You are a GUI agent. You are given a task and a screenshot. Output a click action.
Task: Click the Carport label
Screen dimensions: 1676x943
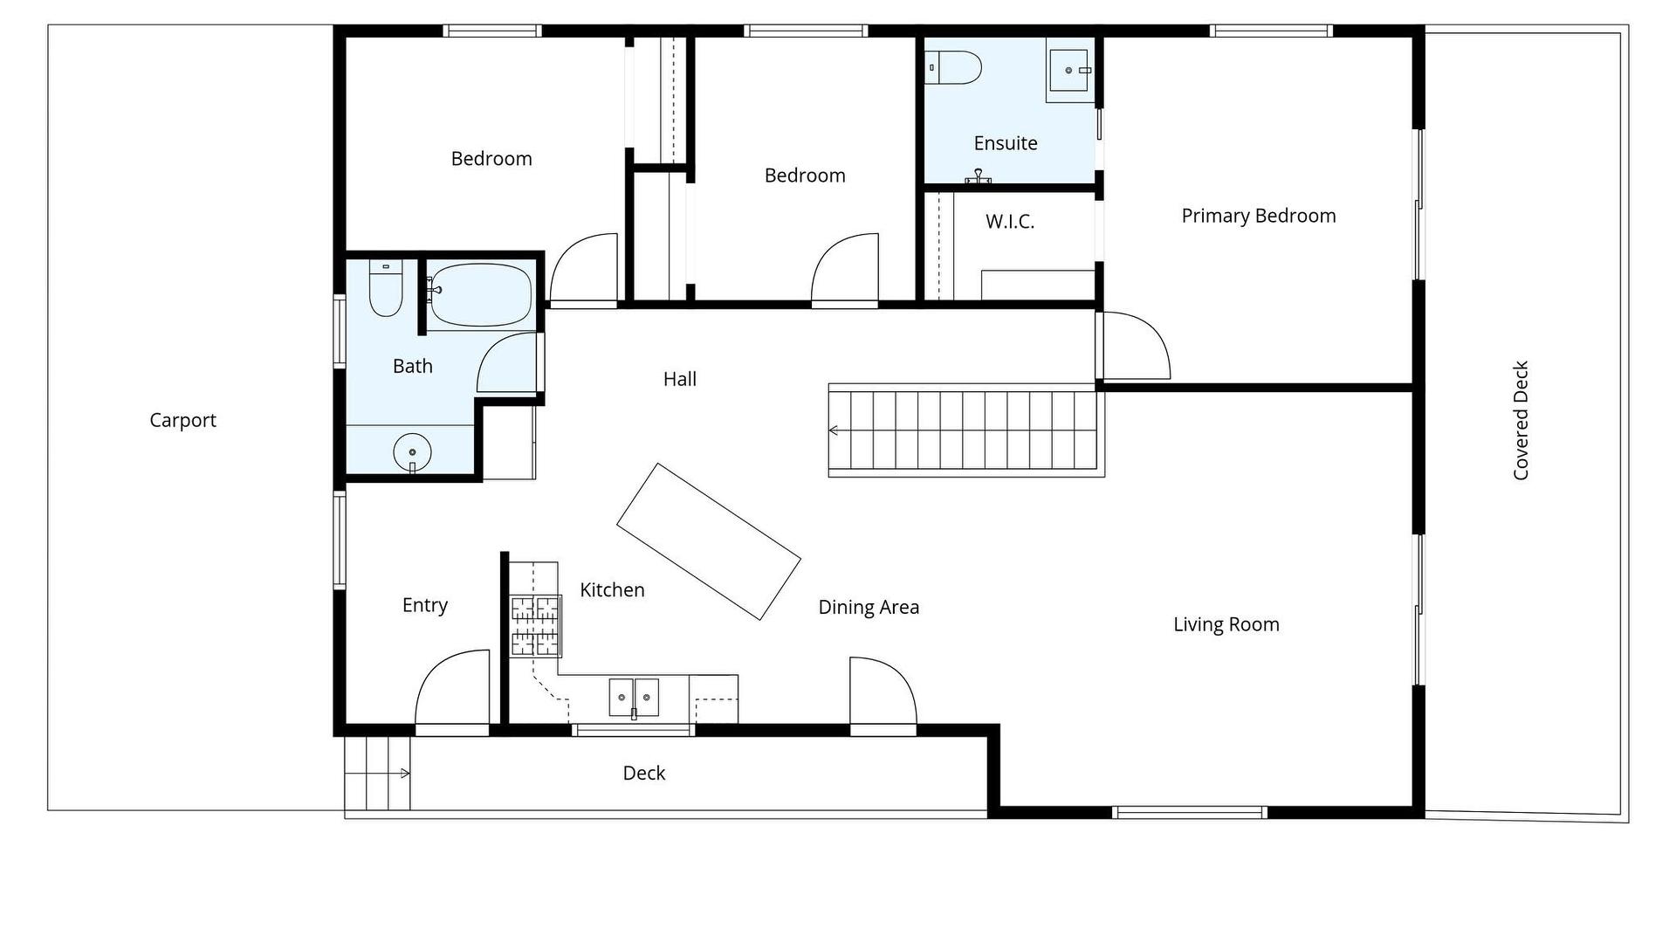182,420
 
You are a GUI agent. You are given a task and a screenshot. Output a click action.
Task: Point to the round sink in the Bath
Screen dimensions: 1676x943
412,452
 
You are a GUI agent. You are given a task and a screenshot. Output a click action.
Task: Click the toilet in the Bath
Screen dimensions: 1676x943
385,288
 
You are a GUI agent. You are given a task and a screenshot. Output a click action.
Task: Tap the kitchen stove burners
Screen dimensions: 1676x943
535,625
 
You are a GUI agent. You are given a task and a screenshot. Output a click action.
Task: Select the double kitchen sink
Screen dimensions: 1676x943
634,697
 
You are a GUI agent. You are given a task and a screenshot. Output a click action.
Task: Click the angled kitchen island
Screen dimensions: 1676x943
709,541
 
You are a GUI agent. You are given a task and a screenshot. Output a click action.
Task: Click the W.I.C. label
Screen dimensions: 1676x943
1010,222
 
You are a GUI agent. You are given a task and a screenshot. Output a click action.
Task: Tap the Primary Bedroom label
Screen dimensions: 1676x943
1259,216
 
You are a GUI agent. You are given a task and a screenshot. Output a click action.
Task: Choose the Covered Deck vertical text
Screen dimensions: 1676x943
1521,421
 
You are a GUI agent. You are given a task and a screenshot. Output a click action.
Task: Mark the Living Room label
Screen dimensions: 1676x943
1226,624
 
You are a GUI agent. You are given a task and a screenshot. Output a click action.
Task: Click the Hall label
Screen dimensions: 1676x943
680,379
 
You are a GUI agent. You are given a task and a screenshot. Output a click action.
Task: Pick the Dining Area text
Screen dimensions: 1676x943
869,608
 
